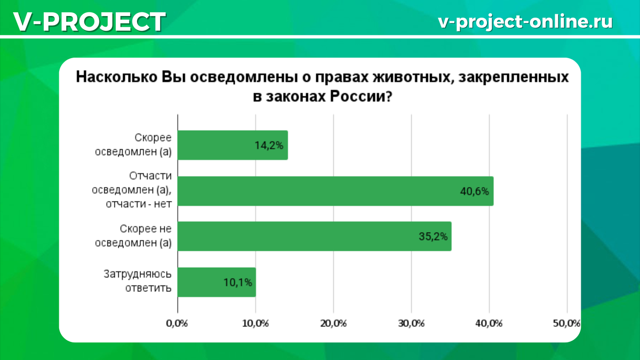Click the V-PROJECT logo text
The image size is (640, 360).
click(x=89, y=22)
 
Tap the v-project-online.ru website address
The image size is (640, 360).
click(x=525, y=21)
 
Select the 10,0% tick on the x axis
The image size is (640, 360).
click(x=255, y=323)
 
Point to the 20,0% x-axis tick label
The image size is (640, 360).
click(x=333, y=323)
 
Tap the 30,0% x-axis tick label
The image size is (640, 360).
click(x=411, y=323)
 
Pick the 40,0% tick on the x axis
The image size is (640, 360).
click(x=489, y=323)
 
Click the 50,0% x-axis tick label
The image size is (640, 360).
click(x=566, y=323)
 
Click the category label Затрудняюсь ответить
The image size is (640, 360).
click(x=137, y=282)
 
